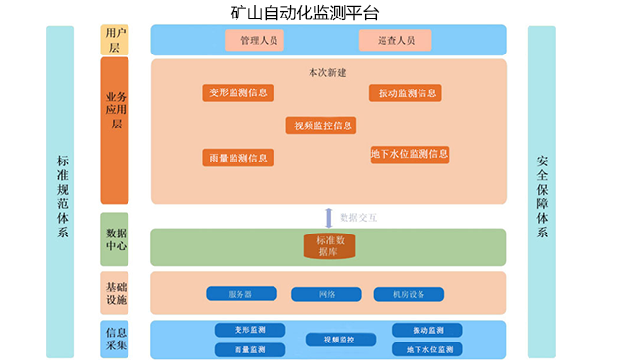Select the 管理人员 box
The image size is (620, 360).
253,40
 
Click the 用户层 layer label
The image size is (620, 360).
114,39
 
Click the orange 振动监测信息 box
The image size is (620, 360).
403,93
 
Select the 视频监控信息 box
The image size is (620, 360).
320,126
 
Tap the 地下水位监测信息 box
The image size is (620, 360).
409,154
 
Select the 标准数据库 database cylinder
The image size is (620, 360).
328,246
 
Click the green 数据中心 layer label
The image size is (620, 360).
115,240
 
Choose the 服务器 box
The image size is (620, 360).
239,294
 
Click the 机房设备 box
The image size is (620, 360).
408,294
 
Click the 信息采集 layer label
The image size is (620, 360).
115,339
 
